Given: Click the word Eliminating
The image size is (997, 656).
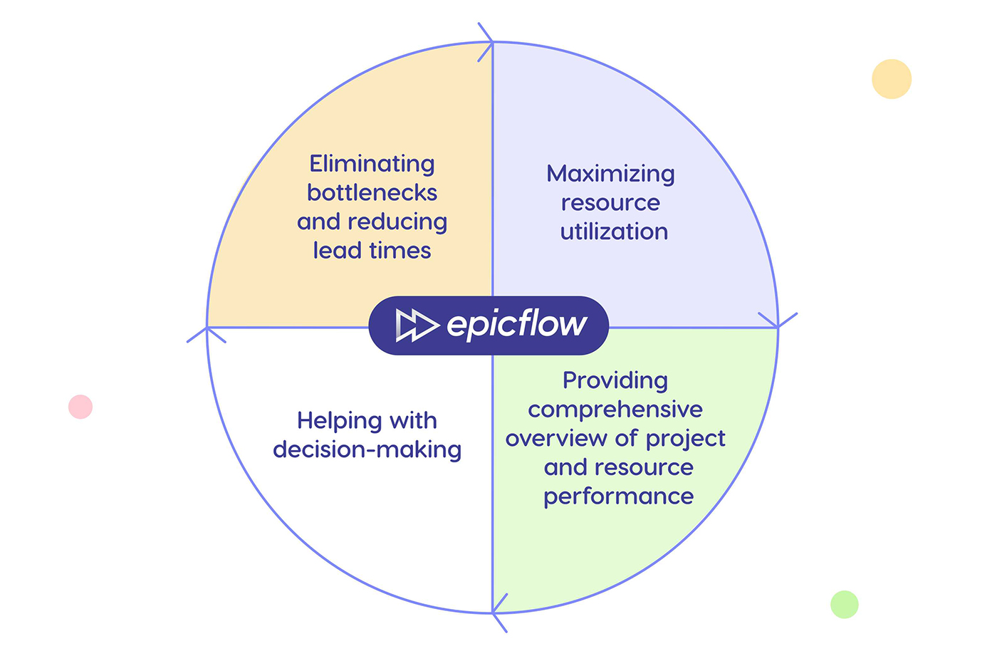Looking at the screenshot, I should (372, 164).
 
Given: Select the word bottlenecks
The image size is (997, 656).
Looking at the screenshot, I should (372, 193).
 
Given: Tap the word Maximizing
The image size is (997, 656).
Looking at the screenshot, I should (610, 174).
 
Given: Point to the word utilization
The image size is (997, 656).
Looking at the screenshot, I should (614, 231).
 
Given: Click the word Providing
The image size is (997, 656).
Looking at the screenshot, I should (615, 380).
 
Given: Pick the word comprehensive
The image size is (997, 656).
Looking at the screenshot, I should (615, 410).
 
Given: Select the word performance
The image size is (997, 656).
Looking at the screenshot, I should (618, 496).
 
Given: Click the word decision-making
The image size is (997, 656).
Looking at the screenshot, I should (367, 449).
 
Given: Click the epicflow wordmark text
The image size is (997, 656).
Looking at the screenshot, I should (516, 325).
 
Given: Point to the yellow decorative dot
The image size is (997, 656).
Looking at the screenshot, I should (892, 79).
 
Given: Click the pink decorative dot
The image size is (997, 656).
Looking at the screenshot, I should (80, 407).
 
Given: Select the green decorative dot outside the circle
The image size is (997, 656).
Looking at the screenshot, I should (845, 605).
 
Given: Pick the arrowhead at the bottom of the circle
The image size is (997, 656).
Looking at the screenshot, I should (498, 613).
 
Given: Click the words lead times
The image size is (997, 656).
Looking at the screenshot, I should (372, 251).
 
